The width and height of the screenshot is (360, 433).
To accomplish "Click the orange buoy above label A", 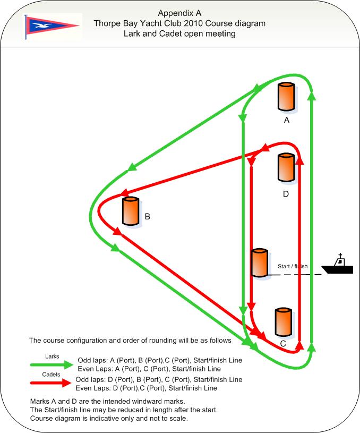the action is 286,97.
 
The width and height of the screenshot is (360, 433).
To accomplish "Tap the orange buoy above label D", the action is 286,167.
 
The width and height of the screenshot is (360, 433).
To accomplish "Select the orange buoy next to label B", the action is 131,211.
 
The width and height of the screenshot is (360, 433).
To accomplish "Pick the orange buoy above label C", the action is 283,322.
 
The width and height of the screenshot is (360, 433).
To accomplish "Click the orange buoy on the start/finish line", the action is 260,262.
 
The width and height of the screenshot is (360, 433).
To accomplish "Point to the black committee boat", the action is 338,265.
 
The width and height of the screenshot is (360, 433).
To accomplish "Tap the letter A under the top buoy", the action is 287,121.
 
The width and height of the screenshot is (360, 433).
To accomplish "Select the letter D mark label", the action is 286,194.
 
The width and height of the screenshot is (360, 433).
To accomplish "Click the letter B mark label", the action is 148,217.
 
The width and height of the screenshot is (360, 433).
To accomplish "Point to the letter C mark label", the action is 283,344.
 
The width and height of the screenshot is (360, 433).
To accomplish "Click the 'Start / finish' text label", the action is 293,266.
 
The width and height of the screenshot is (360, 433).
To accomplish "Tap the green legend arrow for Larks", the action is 52,364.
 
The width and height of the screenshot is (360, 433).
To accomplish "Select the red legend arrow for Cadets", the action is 51,383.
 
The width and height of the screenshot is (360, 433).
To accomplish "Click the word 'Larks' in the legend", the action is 52,356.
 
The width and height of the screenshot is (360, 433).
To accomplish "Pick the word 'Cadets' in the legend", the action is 51,375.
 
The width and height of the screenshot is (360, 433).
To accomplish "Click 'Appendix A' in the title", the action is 179,13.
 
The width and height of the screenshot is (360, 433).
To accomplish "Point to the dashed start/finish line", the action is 295,275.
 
